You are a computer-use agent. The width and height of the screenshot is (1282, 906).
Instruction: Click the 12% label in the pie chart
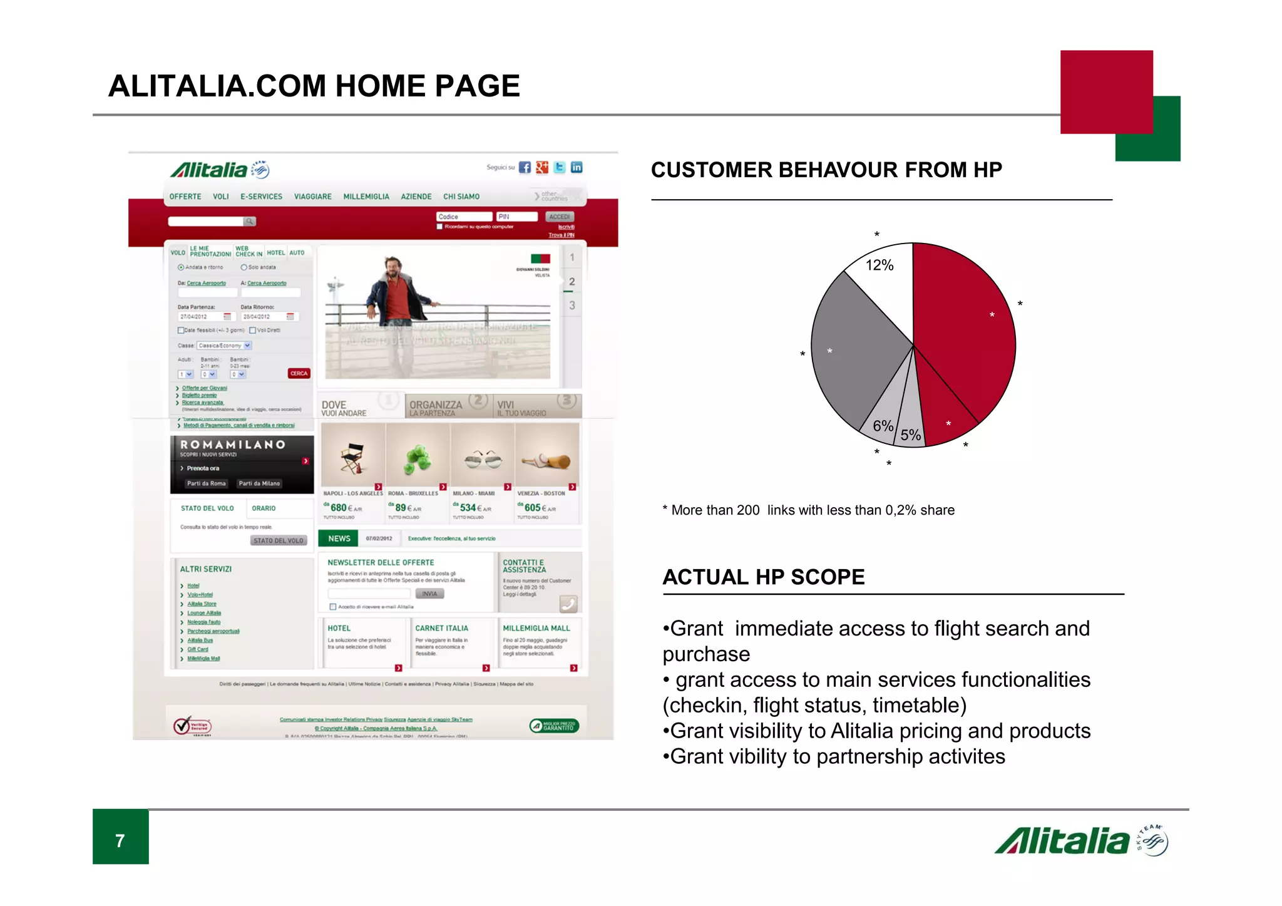pos(879,265)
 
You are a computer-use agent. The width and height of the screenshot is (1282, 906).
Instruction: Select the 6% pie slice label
pos(883,426)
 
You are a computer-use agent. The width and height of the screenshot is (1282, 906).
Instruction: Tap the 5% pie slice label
pos(910,435)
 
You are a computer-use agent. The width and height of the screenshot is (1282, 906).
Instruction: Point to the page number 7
pos(120,840)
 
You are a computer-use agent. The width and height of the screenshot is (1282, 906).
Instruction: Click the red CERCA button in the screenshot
pos(299,373)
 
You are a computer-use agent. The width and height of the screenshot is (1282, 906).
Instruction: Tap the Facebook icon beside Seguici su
pos(525,167)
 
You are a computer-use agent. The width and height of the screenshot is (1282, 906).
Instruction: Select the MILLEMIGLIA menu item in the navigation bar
pos(366,197)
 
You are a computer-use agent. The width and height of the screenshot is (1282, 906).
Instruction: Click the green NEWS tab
pos(339,538)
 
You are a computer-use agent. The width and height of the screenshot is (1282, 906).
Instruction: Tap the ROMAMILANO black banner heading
pos(233,445)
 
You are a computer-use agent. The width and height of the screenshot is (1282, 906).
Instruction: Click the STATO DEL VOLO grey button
pos(278,540)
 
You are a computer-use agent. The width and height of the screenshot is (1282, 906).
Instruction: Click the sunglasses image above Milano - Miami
pos(483,460)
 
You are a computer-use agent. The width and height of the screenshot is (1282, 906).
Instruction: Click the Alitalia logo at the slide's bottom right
pos(1080,841)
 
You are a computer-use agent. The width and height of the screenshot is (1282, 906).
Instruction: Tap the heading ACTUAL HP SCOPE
pos(764,577)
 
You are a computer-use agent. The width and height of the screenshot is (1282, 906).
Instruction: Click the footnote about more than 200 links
pos(809,510)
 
